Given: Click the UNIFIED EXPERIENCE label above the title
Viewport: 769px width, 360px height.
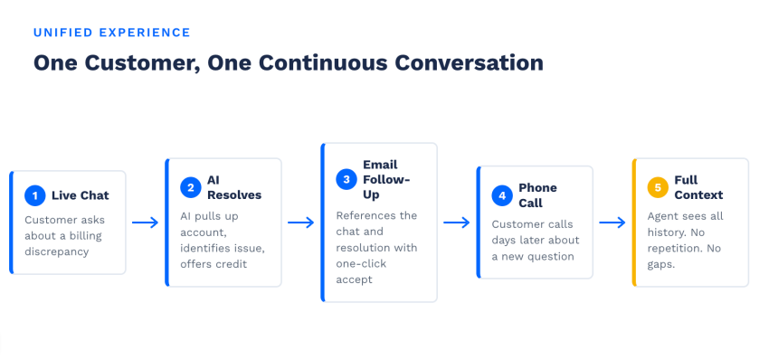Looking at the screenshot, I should pyautogui.click(x=112, y=33).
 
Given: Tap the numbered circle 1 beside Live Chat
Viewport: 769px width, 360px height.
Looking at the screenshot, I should pyautogui.click(x=34, y=195).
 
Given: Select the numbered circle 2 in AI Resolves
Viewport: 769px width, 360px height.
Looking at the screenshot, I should pyautogui.click(x=190, y=187).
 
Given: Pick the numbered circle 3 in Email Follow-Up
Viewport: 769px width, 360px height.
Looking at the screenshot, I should pyautogui.click(x=346, y=179).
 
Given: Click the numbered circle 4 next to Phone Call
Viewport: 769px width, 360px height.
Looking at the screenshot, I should pyautogui.click(x=501, y=195).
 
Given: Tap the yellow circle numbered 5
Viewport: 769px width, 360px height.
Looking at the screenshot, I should pyautogui.click(x=657, y=187).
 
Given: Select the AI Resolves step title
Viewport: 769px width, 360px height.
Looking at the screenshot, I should pyautogui.click(x=234, y=187).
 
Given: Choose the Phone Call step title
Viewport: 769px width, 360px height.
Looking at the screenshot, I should pyautogui.click(x=537, y=195).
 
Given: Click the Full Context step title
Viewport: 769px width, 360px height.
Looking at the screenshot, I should pyautogui.click(x=698, y=187).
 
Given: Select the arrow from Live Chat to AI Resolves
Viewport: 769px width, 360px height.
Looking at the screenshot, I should pyautogui.click(x=145, y=223).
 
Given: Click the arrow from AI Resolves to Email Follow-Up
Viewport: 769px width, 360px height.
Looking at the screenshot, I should pyautogui.click(x=300, y=223).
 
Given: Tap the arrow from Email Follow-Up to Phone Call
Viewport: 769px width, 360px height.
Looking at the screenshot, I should pyautogui.click(x=456, y=223).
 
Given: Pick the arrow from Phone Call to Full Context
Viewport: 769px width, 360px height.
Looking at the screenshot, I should pyautogui.click(x=612, y=223).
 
